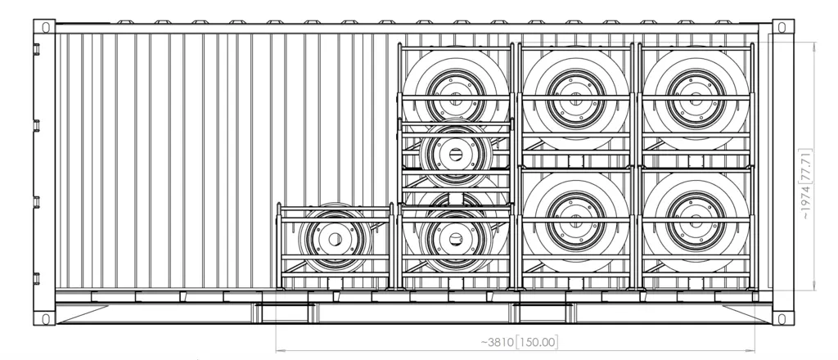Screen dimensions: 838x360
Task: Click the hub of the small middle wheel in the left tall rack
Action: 455,152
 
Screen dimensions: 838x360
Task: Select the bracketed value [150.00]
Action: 539,341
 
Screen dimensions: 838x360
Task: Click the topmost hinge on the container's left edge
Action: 36,49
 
